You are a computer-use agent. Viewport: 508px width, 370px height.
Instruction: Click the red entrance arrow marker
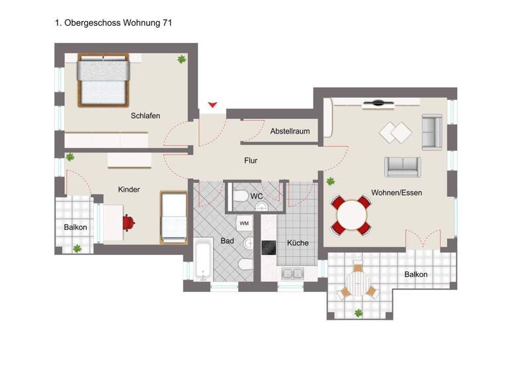click(x=212, y=104)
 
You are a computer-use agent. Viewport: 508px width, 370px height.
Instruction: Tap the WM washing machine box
click(x=244, y=223)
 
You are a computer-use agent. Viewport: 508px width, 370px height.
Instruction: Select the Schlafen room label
click(x=145, y=116)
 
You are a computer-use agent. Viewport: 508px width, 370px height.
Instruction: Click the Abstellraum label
click(x=290, y=131)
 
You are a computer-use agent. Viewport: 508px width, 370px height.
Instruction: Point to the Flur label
click(x=251, y=161)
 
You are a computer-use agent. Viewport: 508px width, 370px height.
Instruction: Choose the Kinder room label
click(x=129, y=190)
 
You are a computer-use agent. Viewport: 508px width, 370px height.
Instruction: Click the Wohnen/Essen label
click(x=396, y=193)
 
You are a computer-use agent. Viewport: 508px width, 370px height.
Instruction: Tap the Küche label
click(x=298, y=243)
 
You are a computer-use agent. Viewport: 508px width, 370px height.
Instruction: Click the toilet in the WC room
click(x=241, y=196)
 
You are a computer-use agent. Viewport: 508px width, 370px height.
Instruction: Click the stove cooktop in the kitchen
click(x=269, y=247)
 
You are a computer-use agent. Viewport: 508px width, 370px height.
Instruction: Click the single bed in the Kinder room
click(x=173, y=216)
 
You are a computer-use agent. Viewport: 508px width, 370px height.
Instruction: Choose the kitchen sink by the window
click(x=291, y=272)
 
